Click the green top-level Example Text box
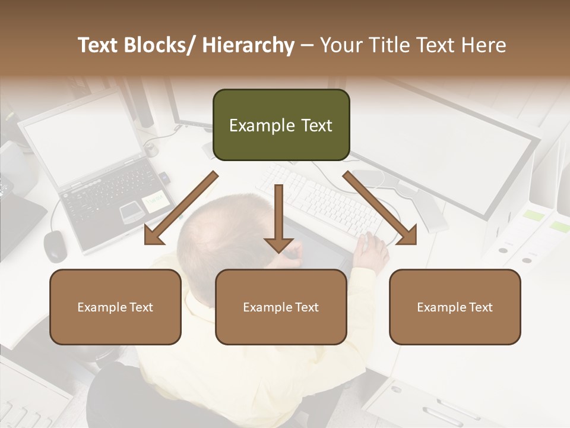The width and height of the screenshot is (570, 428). (281, 125)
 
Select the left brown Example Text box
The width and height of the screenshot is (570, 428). (115, 307)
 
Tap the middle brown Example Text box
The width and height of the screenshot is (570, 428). (281, 307)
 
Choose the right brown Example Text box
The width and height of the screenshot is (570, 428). (455, 307)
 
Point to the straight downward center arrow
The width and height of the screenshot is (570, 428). (278, 220)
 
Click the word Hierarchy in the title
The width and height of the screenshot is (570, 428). (248, 45)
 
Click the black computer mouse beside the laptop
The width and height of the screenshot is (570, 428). (55, 245)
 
